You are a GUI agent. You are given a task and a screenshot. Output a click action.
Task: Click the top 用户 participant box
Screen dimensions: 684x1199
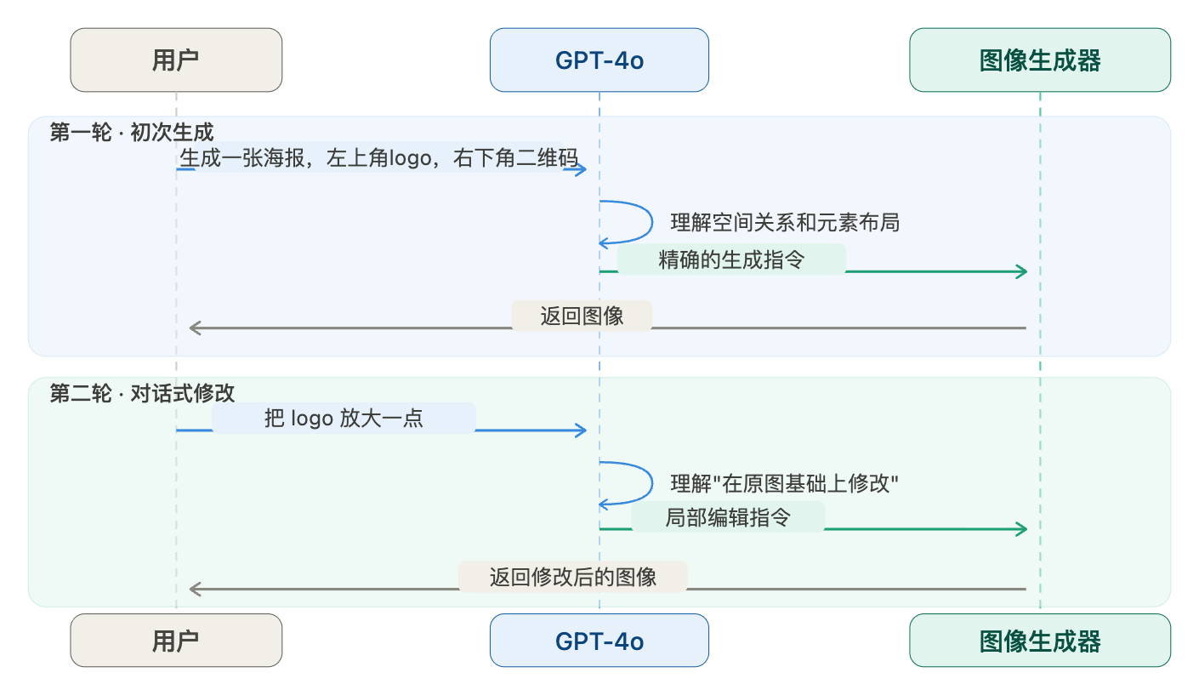(176, 60)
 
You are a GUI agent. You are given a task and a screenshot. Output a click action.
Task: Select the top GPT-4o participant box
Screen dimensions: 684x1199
(599, 60)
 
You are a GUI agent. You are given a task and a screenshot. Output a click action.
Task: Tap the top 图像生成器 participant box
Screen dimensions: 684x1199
(1040, 60)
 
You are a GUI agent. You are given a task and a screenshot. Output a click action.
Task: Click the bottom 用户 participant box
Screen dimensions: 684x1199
(176, 641)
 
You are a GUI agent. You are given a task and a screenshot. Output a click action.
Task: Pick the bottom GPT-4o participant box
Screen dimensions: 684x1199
(599, 641)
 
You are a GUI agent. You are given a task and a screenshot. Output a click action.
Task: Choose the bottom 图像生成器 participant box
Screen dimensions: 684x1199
(1040, 641)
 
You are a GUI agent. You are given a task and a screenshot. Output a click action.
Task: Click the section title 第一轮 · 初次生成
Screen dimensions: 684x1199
(132, 132)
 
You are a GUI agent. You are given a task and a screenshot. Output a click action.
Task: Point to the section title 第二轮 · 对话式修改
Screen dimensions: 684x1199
(142, 393)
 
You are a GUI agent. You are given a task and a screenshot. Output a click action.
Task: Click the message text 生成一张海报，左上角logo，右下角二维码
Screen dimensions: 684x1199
(379, 158)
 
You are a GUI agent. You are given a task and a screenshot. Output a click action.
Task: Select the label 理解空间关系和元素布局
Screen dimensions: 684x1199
(785, 223)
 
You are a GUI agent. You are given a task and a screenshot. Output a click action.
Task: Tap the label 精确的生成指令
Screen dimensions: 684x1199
(731, 259)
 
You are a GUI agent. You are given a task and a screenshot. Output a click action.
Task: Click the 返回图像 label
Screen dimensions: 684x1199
(582, 316)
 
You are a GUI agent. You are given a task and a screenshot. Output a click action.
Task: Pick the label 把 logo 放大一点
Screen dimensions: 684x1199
(344, 418)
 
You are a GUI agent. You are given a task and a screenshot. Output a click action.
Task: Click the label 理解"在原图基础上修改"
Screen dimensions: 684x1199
(785, 483)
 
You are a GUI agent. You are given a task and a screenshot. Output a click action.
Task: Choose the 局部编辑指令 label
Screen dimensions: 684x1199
(728, 517)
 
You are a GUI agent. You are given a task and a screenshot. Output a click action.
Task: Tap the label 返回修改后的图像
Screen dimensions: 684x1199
(573, 577)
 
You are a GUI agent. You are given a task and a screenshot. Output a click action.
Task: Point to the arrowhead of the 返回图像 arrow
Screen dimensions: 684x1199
(195, 328)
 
